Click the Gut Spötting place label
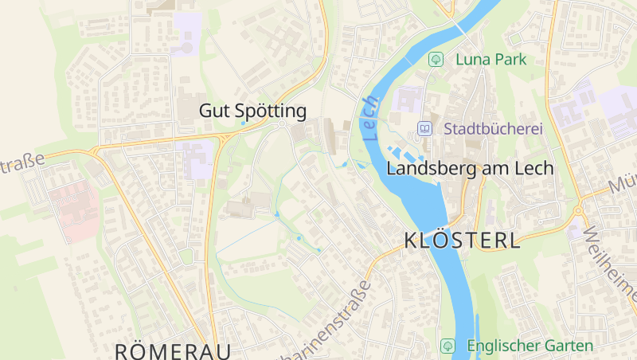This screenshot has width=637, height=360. (x=252, y=111)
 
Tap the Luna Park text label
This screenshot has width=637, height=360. (x=490, y=59)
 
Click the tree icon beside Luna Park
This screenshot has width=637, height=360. (x=436, y=59)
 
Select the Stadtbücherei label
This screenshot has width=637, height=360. (x=493, y=128)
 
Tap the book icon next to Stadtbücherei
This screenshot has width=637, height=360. (x=425, y=128)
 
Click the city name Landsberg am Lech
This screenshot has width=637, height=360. (x=469, y=169)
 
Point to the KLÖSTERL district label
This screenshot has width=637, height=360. (x=463, y=241)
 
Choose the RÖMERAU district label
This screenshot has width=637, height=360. (x=173, y=351)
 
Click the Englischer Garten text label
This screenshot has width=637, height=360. (x=530, y=346)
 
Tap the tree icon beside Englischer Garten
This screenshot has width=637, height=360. (x=447, y=346)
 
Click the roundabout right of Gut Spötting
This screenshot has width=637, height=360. (x=281, y=125)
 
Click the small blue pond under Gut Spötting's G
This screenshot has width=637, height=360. (x=243, y=123)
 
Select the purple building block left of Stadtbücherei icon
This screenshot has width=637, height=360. (x=408, y=102)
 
